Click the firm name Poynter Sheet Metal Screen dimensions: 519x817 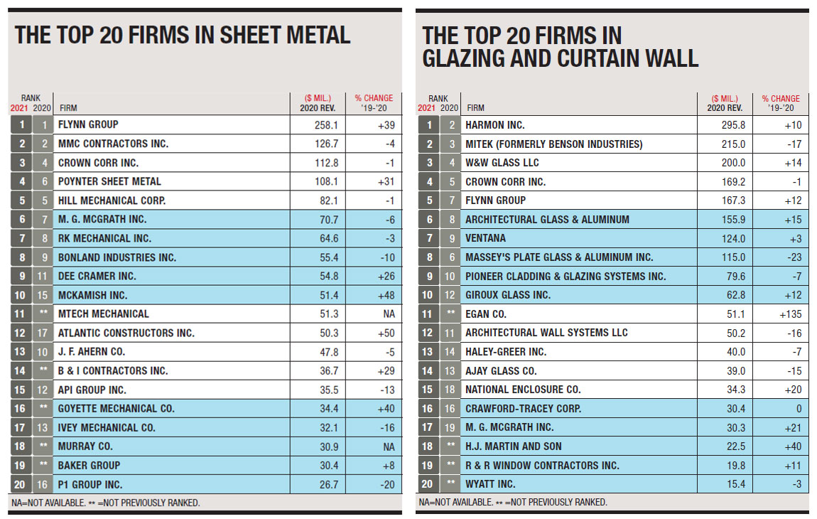[x=110, y=181]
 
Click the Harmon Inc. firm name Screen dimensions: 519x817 [x=494, y=125]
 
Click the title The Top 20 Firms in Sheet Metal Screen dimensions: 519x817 [x=183, y=35]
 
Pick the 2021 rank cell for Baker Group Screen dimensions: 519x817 [x=21, y=465]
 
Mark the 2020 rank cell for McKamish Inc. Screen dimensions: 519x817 [x=43, y=295]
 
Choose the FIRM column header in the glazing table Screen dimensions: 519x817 [x=475, y=108]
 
